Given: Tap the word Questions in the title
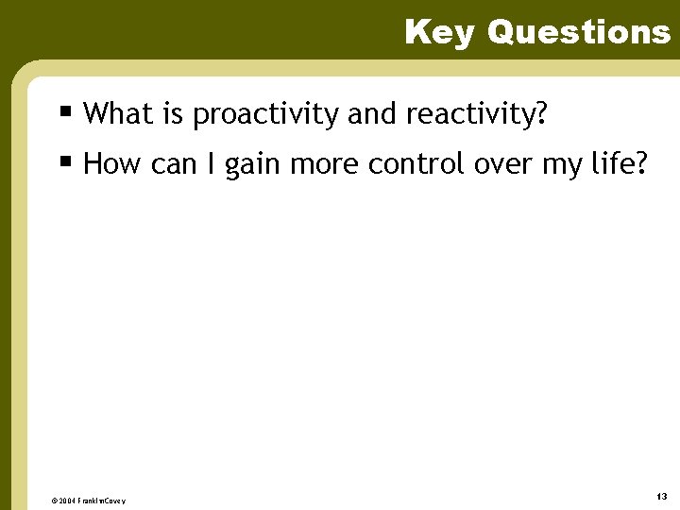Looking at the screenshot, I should (x=579, y=32).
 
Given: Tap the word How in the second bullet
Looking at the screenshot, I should (x=111, y=164).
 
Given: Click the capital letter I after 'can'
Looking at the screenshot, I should (x=210, y=164).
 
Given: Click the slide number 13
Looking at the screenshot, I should (x=661, y=496).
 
